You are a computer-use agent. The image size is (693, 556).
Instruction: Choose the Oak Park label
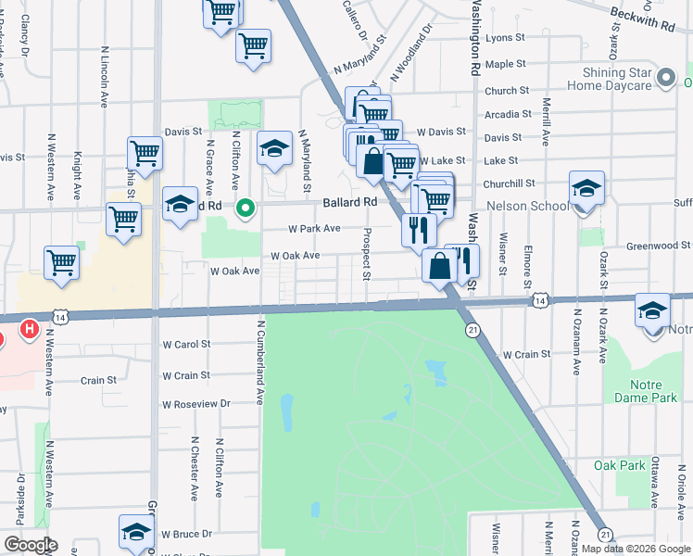[x=619, y=465]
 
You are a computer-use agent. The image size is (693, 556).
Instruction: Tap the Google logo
[x=31, y=545]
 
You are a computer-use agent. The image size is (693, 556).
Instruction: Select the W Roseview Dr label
[x=195, y=405]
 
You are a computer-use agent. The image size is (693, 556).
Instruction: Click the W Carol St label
[x=187, y=344]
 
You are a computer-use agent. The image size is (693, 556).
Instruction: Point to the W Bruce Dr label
[x=187, y=534]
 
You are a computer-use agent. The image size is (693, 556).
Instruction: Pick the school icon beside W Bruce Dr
[x=135, y=532]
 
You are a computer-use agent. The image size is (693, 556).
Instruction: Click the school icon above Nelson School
[x=586, y=188]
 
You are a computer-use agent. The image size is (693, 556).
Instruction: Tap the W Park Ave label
[x=313, y=228]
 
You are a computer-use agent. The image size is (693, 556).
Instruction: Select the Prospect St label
[x=367, y=254]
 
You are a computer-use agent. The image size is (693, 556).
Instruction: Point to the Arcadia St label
[x=509, y=115]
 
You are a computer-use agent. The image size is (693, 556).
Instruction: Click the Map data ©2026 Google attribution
[x=636, y=549]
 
